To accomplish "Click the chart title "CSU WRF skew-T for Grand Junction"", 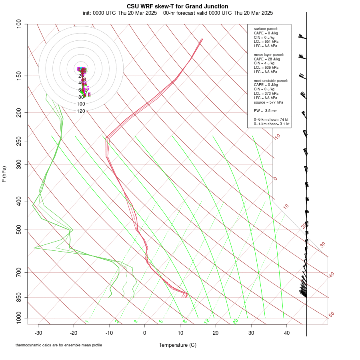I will click(178, 6).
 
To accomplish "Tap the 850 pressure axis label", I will click(18, 297).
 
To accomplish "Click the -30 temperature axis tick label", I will click(38, 333).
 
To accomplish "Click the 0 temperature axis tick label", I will click(145, 333).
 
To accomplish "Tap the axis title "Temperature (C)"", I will click(178, 345).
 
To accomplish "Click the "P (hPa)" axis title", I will click(4, 174).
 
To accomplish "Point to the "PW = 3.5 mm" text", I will click(266, 110).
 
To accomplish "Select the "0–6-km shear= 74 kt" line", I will click(271, 120).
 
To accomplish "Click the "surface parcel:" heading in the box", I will click(266, 29).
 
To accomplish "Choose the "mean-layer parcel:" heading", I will click(269, 54).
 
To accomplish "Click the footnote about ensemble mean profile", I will click(59, 345).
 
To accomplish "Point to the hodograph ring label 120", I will click(81, 111).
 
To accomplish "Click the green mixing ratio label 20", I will click(235, 321).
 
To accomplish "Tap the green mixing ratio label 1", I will click(86, 321).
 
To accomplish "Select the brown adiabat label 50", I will click(331, 315).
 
